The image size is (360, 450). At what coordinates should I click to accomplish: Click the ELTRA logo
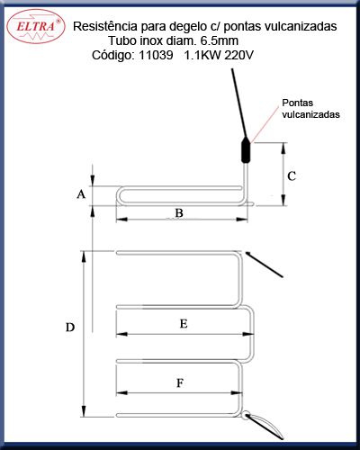36,27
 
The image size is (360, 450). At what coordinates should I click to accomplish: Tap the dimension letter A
81,194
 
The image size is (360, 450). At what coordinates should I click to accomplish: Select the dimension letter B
179,213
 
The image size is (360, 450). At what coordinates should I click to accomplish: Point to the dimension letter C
292,175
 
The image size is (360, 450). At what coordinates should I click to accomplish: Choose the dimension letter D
70,328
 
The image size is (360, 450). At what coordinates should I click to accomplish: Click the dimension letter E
184,324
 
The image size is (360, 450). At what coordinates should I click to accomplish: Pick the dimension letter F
180,382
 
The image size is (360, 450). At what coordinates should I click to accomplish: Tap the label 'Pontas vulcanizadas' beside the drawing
310,109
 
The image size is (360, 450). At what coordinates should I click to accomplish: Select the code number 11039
156,55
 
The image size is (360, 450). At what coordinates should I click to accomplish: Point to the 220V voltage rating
238,55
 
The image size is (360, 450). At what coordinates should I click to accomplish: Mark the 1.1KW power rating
202,55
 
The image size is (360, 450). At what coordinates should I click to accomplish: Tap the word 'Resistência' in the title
105,26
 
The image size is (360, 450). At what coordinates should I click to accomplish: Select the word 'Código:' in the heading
113,56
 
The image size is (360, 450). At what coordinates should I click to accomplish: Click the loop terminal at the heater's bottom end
247,416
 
